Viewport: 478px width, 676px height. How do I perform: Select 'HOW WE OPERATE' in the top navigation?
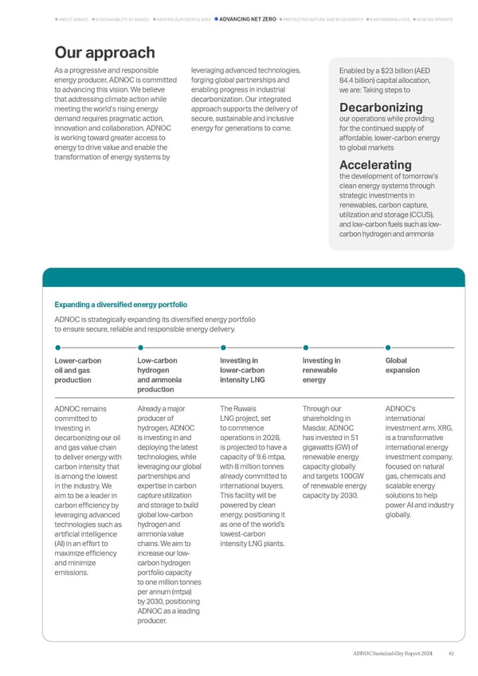433,18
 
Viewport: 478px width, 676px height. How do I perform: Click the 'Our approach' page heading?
104,53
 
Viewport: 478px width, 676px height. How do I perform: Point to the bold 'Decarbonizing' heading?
381,108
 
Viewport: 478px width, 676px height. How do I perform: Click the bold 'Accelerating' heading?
374,165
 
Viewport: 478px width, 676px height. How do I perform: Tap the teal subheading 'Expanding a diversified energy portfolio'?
120,305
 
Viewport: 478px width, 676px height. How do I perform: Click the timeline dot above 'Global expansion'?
388,348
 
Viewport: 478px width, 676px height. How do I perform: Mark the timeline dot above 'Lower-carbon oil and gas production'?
57,348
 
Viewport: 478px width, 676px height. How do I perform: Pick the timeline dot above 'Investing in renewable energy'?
306,348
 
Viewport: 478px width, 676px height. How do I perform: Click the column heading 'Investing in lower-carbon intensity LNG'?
242,370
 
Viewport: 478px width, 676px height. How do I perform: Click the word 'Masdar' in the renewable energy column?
315,427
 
